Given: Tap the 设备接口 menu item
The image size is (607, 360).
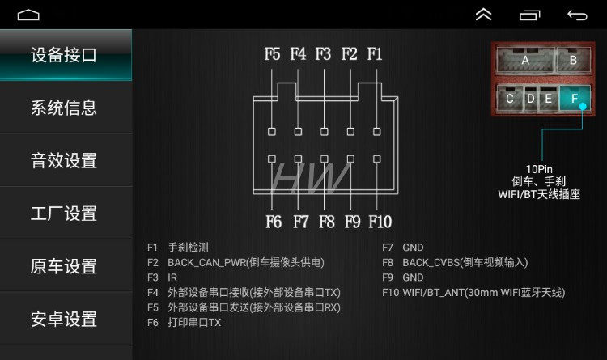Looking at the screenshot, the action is [x=64, y=55].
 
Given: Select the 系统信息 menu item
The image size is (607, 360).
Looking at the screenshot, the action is [x=64, y=108].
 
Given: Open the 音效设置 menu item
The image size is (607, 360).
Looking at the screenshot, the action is [x=64, y=160].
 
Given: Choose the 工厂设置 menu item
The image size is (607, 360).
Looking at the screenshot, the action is [x=64, y=214].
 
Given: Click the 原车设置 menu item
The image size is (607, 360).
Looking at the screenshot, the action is [x=64, y=266].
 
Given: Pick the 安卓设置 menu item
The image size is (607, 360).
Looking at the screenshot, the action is [x=64, y=320].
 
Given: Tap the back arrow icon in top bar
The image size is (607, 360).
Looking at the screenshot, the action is [x=577, y=15].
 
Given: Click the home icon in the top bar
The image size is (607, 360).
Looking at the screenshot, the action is [x=28, y=15].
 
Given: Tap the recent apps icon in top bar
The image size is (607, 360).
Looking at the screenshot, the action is [x=529, y=15].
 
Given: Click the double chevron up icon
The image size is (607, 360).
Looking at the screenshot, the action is [x=483, y=15].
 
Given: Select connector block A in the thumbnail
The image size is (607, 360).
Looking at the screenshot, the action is [x=525, y=60].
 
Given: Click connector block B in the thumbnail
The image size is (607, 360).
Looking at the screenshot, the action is [x=573, y=60].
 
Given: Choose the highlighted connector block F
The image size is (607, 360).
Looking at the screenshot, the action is [x=575, y=99].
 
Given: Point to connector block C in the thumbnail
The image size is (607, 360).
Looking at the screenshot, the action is [x=510, y=99].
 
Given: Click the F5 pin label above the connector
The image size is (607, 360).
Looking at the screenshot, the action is [x=272, y=54].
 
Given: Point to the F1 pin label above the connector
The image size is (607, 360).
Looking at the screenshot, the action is [x=375, y=54].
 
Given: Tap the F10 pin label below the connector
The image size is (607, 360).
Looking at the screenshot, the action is [x=380, y=221].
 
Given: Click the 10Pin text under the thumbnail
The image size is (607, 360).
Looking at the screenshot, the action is [x=539, y=168].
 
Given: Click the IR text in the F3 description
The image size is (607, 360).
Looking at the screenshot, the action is [x=172, y=277].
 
